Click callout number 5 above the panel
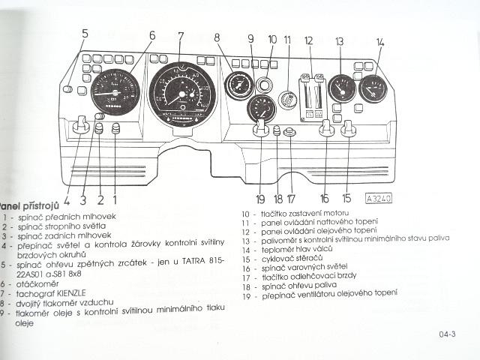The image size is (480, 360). coord(85,33)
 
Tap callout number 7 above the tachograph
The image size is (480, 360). coord(181,35)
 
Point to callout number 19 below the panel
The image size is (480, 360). coord(260,199)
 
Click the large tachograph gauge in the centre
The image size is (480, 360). coord(181,94)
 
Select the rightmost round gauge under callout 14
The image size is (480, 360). coord(373,90)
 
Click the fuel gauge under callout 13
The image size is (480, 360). coord(342,89)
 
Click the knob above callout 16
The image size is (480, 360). coord(325,129)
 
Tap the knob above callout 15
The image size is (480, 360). coord(348,129)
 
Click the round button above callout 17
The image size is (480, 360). coord(290,132)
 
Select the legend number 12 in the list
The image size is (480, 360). coord(245,231)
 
